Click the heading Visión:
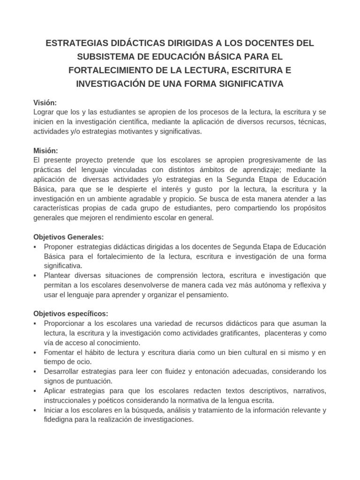click(x=45, y=103)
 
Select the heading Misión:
click(x=45, y=150)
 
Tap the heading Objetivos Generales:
click(x=68, y=237)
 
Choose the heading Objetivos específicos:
click(x=71, y=314)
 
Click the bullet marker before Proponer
click(x=36, y=247)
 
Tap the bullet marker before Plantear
click(x=36, y=276)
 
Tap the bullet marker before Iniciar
click(x=36, y=410)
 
